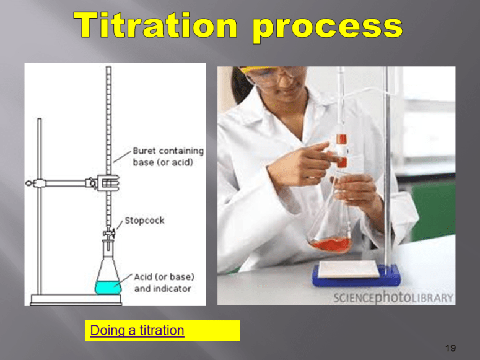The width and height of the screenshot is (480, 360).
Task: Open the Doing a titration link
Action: click(137, 330)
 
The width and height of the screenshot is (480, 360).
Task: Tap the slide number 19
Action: click(450, 348)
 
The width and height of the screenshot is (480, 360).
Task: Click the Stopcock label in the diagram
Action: click(144, 221)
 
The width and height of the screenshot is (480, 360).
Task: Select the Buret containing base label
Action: click(167, 156)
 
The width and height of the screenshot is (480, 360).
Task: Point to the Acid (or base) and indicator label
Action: click(163, 283)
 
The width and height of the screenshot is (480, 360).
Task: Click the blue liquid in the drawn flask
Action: click(108, 287)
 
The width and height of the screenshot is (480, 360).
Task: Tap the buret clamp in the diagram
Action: click(107, 183)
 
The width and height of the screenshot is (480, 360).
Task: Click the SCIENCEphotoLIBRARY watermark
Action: click(393, 297)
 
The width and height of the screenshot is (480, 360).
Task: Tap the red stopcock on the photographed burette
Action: click(341, 139)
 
